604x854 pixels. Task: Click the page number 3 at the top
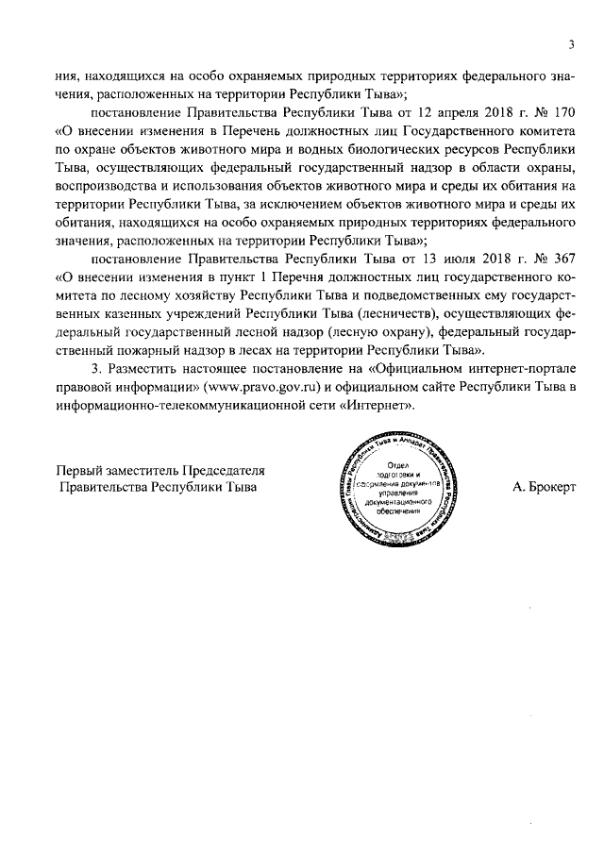pyautogui.click(x=572, y=42)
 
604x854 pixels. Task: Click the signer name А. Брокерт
pyautogui.click(x=545, y=486)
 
